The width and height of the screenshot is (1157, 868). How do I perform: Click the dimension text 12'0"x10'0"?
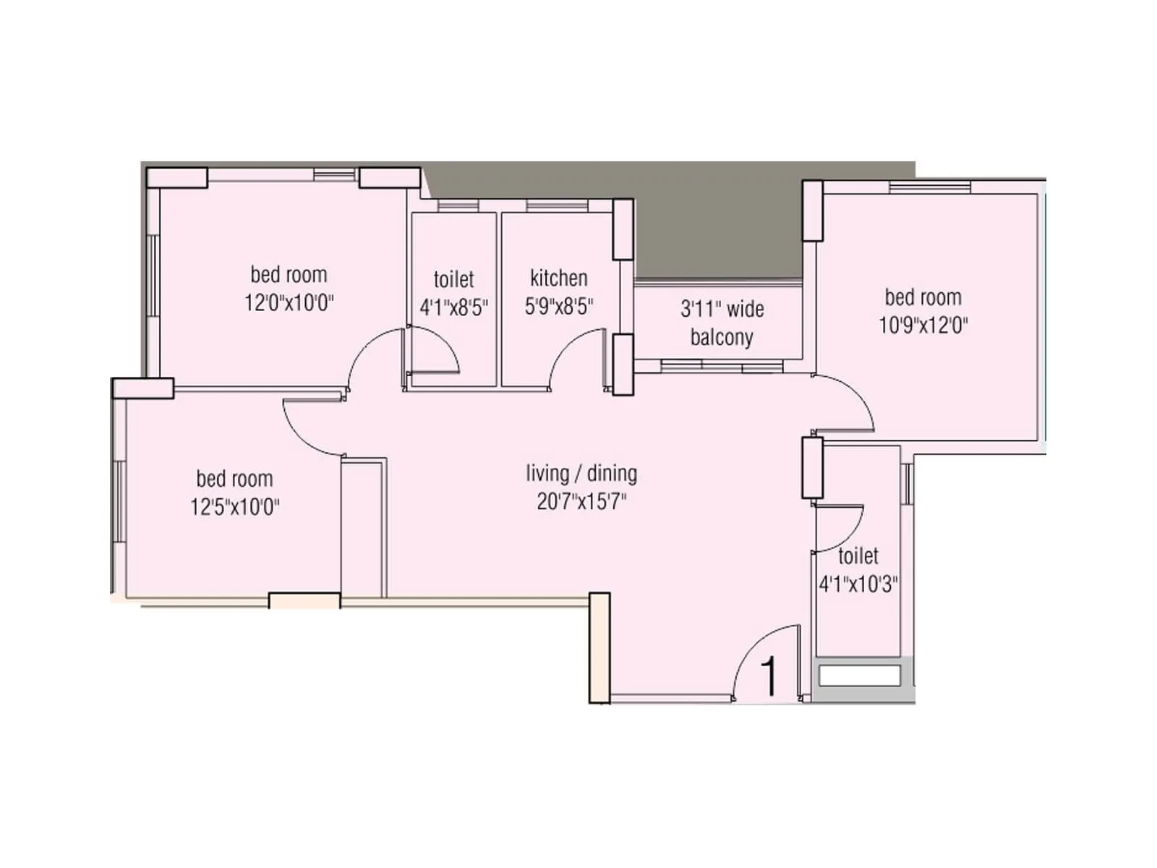point(289,302)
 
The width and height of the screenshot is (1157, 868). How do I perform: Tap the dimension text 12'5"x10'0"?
point(234,506)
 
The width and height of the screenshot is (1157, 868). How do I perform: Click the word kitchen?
point(558,278)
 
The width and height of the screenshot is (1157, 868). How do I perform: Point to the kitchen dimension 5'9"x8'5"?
point(558,306)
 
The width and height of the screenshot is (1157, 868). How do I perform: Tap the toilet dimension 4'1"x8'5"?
point(453,307)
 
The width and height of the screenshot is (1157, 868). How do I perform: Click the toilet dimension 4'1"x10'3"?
point(858,584)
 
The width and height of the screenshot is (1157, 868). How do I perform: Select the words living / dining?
point(581,474)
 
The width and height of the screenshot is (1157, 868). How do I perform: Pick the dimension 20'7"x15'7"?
point(581,501)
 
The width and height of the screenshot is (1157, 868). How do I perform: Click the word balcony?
point(721,337)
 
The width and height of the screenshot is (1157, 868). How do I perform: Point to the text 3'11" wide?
point(721,310)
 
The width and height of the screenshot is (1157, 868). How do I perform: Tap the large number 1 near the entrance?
point(769,676)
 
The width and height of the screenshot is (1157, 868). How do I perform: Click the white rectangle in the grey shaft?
point(859,676)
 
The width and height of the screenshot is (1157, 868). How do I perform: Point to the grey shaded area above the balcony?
point(716,231)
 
